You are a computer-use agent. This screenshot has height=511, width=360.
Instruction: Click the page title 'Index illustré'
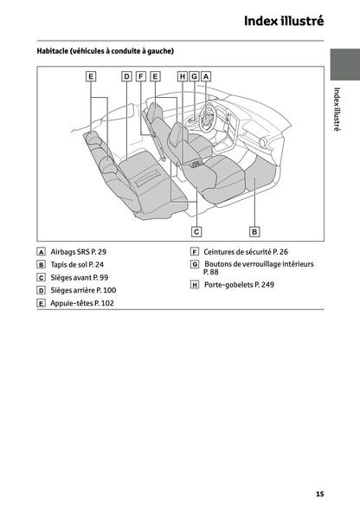click(284, 21)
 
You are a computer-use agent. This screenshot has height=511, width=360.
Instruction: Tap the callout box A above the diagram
click(206, 76)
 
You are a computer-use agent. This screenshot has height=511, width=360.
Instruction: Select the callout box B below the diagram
click(254, 232)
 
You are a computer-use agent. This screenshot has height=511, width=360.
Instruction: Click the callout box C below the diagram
click(196, 232)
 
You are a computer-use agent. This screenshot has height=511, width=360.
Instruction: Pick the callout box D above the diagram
click(126, 76)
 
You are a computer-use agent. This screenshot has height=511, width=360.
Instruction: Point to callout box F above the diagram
click(140, 76)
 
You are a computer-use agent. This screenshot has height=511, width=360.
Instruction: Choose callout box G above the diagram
click(195, 76)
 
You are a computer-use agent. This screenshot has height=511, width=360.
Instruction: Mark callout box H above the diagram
click(183, 76)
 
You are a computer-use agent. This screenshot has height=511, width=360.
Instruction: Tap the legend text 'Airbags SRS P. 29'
click(79, 252)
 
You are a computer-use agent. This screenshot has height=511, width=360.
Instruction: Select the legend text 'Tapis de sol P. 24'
click(77, 265)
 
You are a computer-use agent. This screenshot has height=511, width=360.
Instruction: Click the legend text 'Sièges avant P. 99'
click(80, 278)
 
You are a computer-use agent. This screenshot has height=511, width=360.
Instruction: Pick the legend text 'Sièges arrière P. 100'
click(83, 290)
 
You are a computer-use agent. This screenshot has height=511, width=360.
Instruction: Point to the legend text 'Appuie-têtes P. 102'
click(82, 303)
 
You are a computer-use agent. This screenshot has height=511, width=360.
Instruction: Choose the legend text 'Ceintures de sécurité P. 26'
click(246, 252)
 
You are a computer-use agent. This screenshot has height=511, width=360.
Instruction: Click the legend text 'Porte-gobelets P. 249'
click(239, 284)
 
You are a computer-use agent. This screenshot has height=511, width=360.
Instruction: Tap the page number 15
click(320, 494)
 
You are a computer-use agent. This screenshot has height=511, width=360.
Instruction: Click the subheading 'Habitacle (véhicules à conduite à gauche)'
click(106, 51)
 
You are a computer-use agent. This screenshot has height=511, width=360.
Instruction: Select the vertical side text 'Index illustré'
click(337, 109)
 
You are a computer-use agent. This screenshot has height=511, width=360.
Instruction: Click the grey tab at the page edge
click(345, 65)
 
